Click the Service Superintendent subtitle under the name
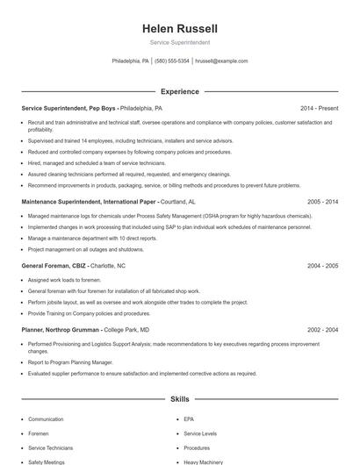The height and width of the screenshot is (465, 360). (x=180, y=42)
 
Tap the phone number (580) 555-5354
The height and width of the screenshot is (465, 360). (x=172, y=61)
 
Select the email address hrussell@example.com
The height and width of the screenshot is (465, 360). (x=221, y=61)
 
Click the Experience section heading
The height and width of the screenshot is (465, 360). (x=180, y=91)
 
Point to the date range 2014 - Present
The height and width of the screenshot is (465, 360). (x=319, y=108)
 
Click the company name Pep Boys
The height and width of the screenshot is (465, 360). (x=103, y=108)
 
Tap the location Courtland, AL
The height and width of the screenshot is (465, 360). (x=178, y=201)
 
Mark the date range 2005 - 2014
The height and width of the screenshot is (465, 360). (x=322, y=201)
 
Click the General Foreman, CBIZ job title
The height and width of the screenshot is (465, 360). (x=54, y=265)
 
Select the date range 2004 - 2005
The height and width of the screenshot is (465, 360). (x=322, y=265)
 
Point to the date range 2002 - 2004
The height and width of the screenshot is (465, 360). (x=322, y=330)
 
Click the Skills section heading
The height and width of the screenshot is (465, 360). (x=180, y=399)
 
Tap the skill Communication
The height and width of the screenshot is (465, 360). (x=46, y=419)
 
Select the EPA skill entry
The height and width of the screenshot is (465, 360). (x=189, y=419)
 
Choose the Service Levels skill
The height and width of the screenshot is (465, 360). (x=200, y=433)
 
